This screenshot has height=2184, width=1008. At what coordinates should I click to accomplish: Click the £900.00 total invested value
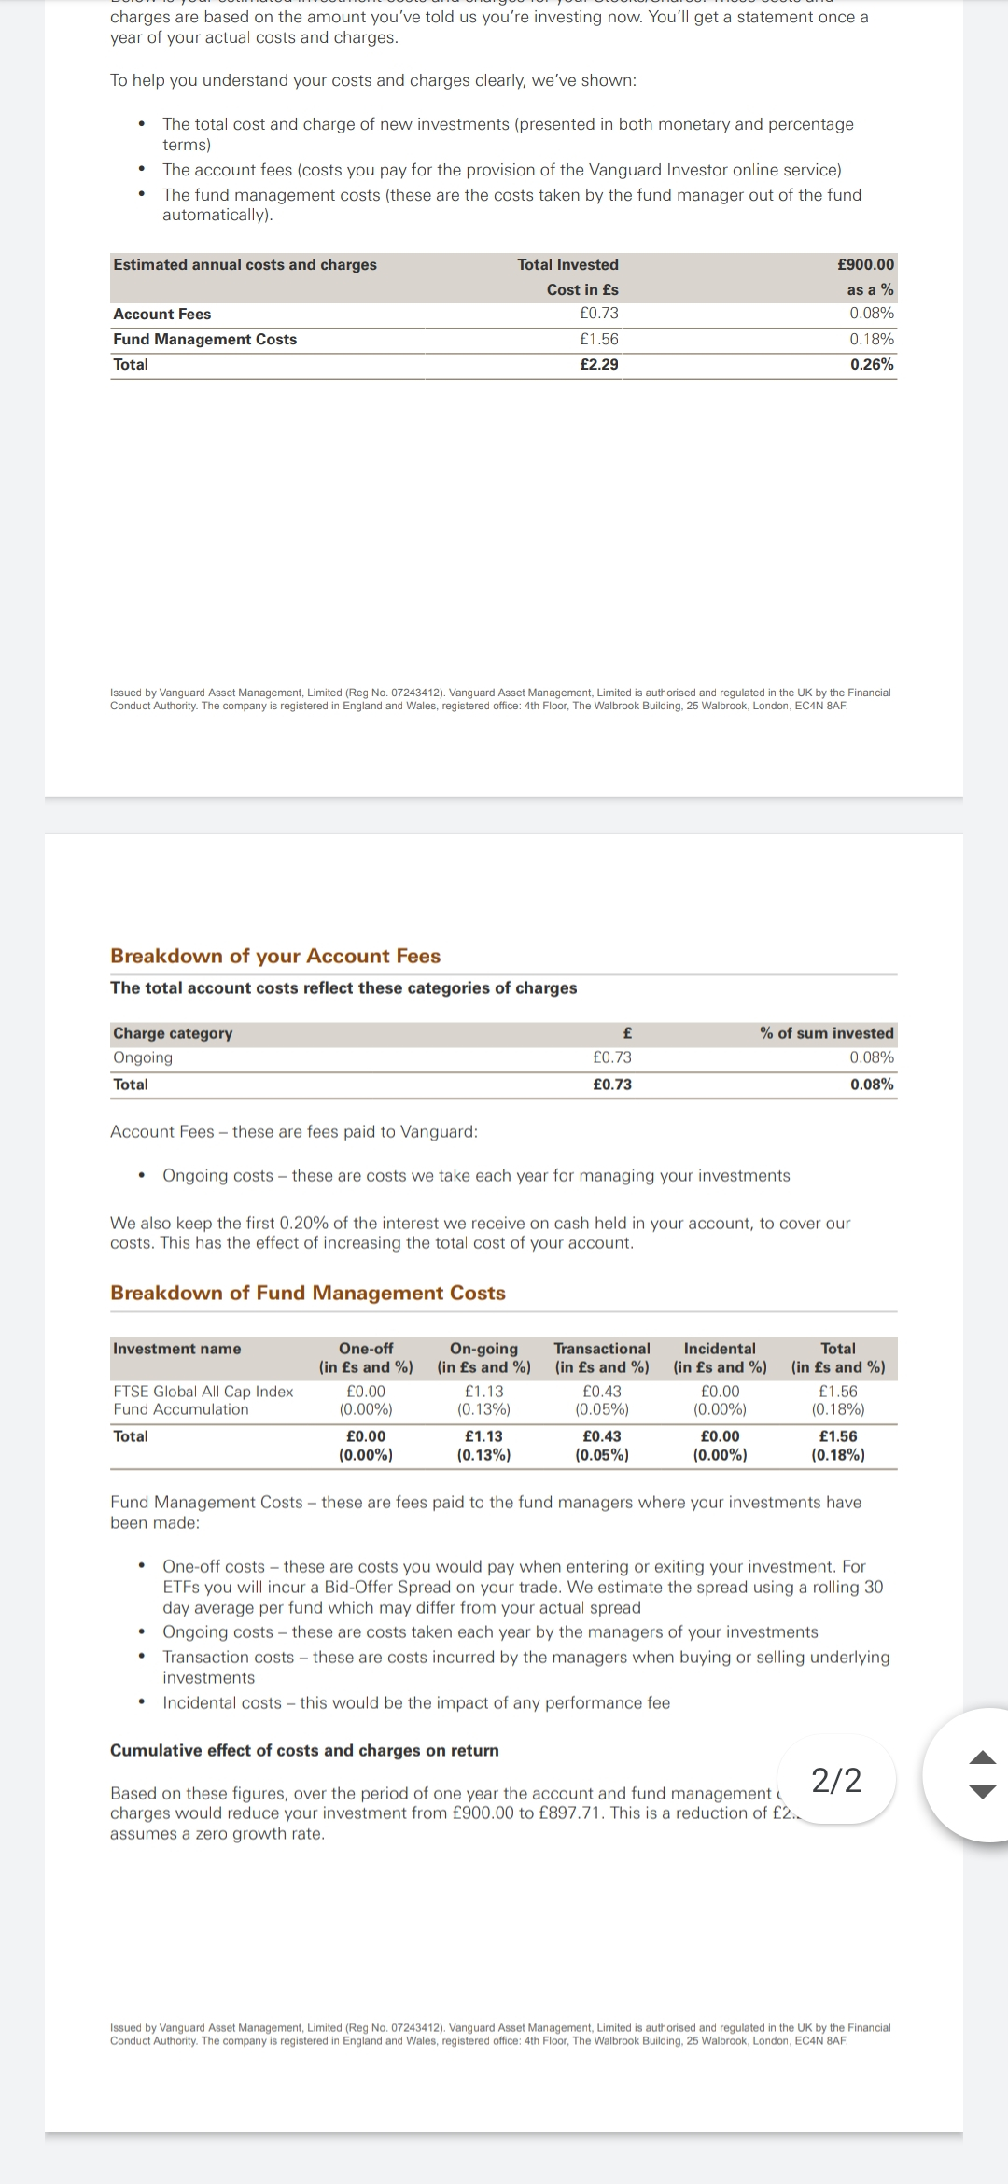865,265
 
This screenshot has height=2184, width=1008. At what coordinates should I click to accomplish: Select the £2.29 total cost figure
598,365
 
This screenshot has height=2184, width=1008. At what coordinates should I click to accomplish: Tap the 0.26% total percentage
872,365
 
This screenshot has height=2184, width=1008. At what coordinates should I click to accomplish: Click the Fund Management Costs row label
204,340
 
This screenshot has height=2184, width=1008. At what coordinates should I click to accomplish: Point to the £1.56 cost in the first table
598,340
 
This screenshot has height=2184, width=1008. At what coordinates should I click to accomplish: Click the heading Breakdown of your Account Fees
275,956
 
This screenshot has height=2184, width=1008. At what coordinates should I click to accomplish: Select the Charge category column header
173,1033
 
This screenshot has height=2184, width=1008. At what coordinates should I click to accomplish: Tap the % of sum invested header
826,1033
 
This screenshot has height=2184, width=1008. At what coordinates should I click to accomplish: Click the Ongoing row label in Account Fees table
143,1058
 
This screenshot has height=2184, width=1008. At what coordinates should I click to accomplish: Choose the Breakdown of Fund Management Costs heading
307,1293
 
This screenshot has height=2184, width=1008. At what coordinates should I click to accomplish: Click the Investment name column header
176,1349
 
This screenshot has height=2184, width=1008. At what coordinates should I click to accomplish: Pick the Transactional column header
601,1349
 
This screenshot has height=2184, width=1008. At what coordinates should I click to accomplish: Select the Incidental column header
720,1349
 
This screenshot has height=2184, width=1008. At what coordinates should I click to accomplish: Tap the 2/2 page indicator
836,1781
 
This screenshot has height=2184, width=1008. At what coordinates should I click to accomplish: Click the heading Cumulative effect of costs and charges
304,1750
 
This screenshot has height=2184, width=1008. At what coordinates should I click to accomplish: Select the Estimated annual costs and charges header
245,265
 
